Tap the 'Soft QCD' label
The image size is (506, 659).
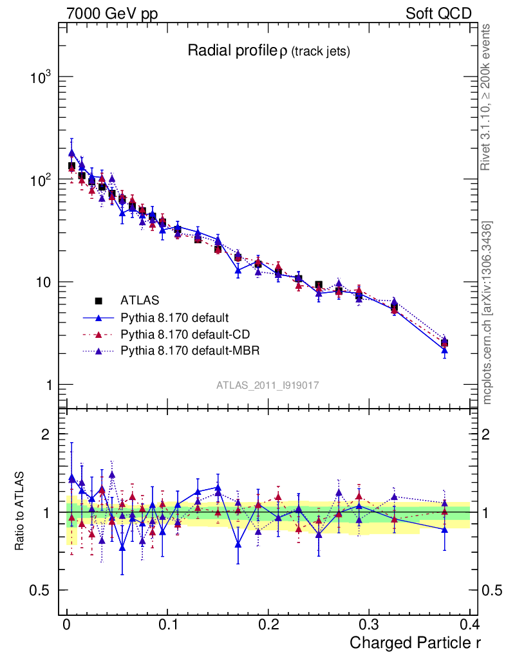(x=438, y=14)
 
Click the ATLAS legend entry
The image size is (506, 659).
(x=139, y=300)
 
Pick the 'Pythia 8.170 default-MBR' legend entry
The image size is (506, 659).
(x=187, y=351)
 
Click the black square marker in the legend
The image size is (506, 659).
(x=99, y=300)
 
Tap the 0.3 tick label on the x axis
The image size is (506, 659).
(x=368, y=625)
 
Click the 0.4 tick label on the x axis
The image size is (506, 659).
(x=469, y=625)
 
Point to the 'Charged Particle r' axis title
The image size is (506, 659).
(x=415, y=643)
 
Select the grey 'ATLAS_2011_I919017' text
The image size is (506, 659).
(x=268, y=385)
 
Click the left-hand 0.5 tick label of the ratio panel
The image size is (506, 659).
(x=40, y=591)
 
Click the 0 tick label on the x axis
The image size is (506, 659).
(x=66, y=625)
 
